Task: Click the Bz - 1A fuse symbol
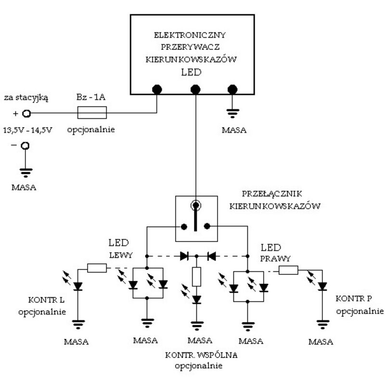pyautogui.click(x=92, y=114)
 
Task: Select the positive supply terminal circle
pyautogui.click(x=27, y=114)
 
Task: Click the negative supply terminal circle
pyautogui.click(x=27, y=146)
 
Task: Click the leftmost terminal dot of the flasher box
pyautogui.click(x=156, y=89)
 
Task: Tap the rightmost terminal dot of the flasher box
pyautogui.click(x=232, y=89)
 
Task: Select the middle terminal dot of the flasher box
pyautogui.click(x=195, y=89)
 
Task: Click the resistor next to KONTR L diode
pyautogui.click(x=97, y=268)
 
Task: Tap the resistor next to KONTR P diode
pyautogui.click(x=288, y=270)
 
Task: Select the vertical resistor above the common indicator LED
pyautogui.click(x=196, y=277)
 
